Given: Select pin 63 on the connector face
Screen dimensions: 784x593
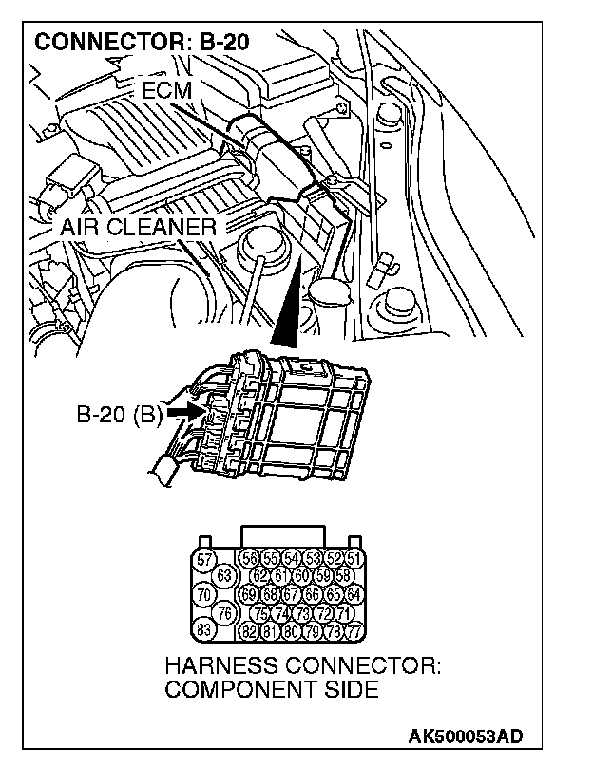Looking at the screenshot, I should (225, 576).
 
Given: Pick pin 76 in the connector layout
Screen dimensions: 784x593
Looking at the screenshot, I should (225, 612).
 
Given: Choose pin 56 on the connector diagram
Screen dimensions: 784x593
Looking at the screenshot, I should (251, 558).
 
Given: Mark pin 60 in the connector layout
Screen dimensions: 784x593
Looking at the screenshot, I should (302, 576).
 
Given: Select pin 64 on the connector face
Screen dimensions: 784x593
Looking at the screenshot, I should (354, 594).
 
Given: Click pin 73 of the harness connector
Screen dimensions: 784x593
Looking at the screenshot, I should (302, 612).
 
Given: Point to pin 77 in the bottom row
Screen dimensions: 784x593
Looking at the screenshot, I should (354, 630).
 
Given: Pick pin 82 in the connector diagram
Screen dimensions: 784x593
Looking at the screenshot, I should (251, 630).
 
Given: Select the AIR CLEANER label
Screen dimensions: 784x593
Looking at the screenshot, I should (138, 228).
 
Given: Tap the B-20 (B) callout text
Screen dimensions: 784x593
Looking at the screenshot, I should (118, 414).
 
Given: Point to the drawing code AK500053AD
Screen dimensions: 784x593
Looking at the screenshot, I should (466, 736).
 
